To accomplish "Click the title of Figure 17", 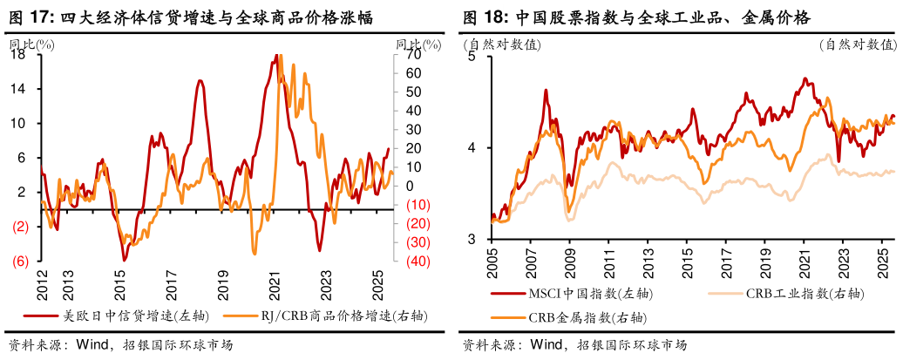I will tap(191, 16).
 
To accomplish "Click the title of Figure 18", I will tap(635, 16).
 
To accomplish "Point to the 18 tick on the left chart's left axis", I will tap(17, 54).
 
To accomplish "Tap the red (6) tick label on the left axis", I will tap(17, 261).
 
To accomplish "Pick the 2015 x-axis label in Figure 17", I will tap(120, 283).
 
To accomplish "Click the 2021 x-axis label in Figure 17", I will tap(275, 283).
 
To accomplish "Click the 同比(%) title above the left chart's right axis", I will tap(414, 42).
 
